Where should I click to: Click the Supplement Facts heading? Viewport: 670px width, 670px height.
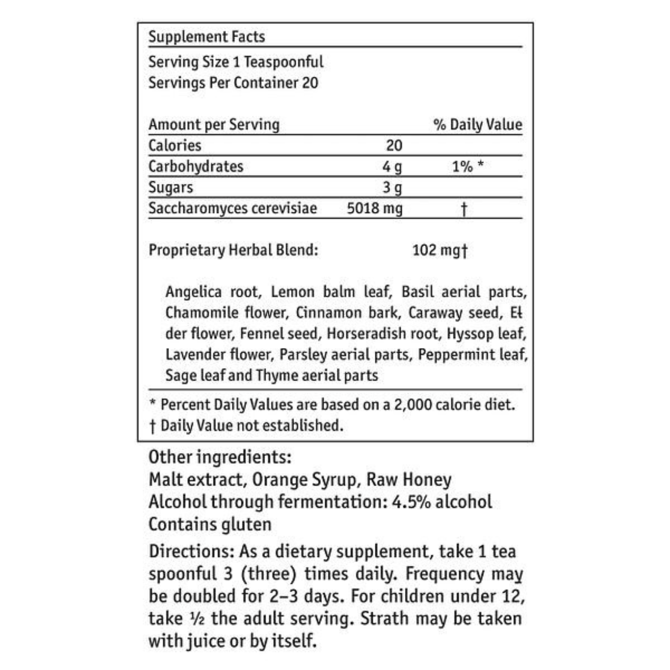(207, 37)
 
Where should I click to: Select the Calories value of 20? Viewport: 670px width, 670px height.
(394, 145)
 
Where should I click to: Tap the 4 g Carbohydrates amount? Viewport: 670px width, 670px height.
(392, 167)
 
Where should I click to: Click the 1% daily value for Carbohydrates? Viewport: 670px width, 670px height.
(463, 167)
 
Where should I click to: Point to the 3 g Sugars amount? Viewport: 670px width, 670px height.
(392, 188)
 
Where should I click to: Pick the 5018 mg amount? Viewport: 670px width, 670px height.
(375, 208)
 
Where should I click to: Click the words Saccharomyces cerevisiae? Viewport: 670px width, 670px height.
(233, 208)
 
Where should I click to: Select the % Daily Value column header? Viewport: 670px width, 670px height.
(478, 125)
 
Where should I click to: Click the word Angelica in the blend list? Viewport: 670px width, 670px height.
(193, 292)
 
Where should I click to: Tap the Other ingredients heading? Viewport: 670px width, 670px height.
(220, 457)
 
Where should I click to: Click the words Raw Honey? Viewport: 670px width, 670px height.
(409, 480)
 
